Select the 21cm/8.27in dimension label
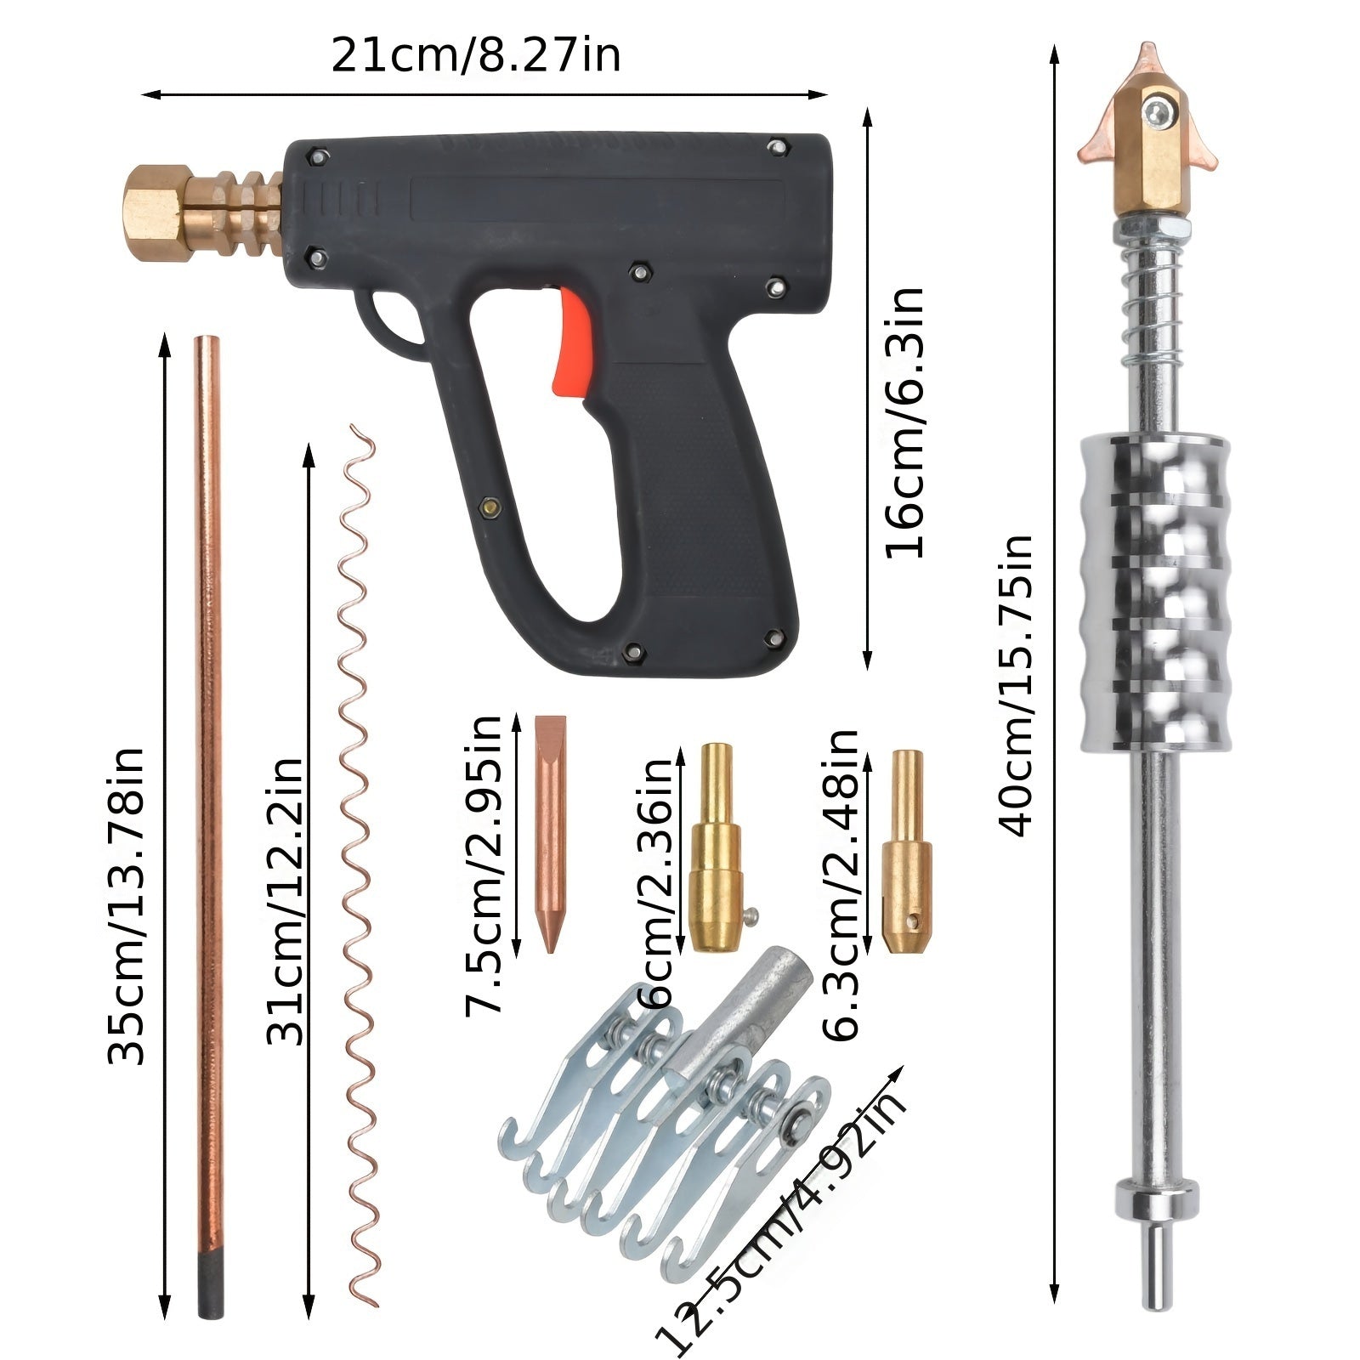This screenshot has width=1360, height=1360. (476, 56)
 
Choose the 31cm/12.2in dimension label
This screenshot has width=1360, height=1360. (286, 901)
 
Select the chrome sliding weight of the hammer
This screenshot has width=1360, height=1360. (1153, 593)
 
